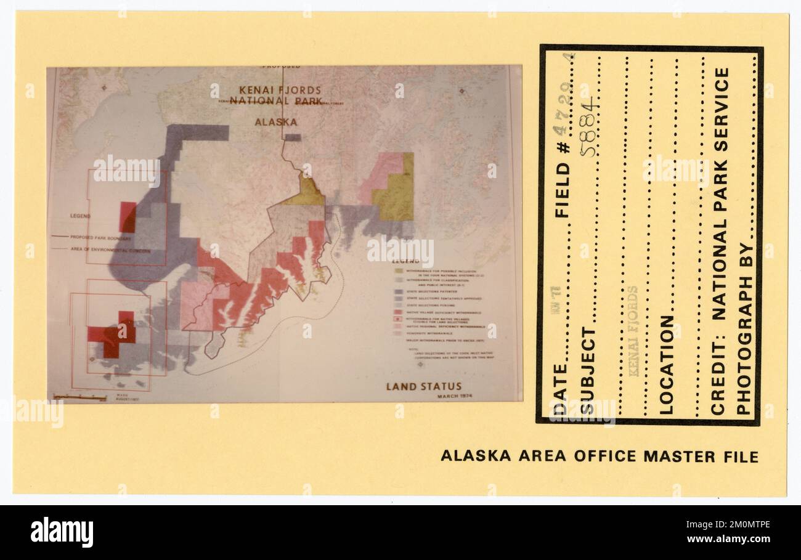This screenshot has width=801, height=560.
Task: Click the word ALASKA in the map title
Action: (x=276, y=122)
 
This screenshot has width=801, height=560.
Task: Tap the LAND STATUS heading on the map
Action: (x=423, y=387)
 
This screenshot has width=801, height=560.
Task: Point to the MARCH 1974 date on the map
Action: (x=457, y=396)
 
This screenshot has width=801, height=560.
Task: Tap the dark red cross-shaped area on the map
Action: (x=113, y=335)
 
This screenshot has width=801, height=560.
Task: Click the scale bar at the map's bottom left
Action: (x=80, y=397)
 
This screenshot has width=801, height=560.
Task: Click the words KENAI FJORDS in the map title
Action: (x=277, y=90)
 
